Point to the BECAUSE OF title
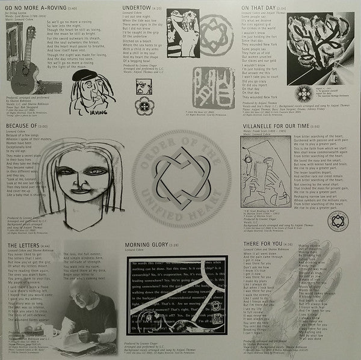point(28,127)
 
